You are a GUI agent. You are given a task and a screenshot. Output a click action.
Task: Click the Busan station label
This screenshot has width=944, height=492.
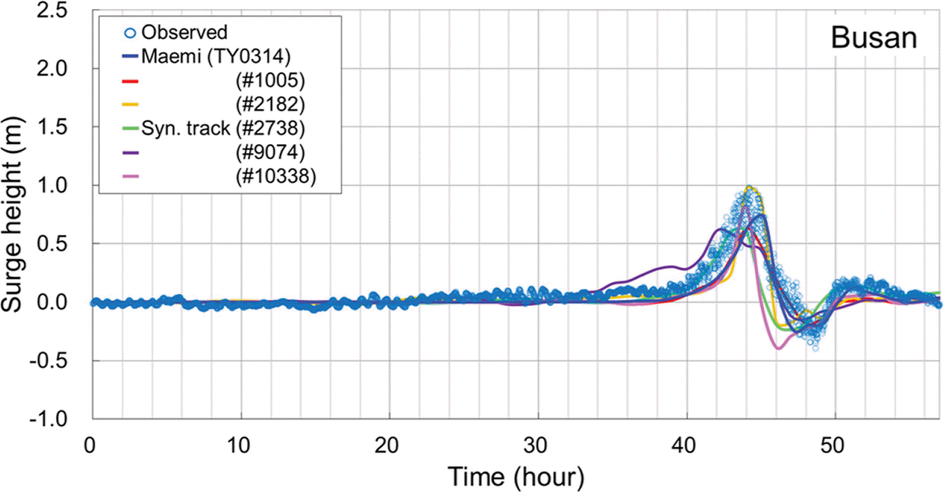(x=874, y=38)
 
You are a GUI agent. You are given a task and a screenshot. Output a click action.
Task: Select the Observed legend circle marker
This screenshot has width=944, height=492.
(x=130, y=33)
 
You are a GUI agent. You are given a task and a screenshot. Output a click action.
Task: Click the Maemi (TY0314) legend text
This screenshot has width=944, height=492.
(x=216, y=57)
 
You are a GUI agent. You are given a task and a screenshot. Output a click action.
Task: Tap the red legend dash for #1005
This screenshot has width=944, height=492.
(x=130, y=81)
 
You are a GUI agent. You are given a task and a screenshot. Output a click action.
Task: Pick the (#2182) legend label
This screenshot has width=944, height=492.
(x=270, y=104)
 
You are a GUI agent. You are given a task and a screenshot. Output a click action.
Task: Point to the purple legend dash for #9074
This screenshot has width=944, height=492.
(x=130, y=153)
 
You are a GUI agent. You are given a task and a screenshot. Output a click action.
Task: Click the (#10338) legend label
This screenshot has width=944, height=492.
(x=276, y=176)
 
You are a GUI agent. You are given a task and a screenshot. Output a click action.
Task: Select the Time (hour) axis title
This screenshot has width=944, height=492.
(x=516, y=476)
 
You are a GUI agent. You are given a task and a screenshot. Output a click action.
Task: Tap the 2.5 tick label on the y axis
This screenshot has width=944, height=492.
(x=52, y=10)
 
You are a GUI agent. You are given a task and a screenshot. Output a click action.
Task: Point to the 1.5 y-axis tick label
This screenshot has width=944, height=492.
(x=52, y=126)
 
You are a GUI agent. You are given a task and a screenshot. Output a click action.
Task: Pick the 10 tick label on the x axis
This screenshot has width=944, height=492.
(x=239, y=445)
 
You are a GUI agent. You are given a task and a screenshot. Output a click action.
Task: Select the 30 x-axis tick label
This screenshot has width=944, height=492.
(x=536, y=445)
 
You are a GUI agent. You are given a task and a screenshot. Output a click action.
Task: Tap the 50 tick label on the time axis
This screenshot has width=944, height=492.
(x=832, y=445)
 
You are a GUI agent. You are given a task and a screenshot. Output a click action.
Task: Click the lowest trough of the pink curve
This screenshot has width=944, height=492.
(x=779, y=348)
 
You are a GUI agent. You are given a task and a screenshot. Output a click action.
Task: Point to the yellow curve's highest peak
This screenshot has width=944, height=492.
(x=750, y=187)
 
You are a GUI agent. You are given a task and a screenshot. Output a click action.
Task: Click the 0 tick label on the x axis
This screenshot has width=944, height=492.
(x=90, y=445)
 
